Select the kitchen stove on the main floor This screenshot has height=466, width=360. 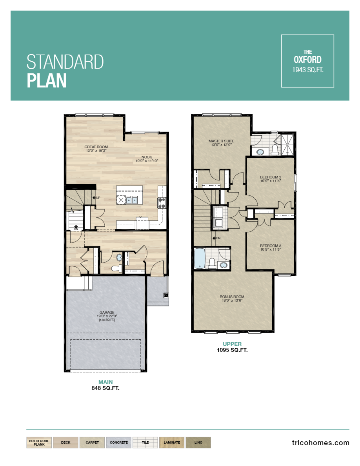click(162, 202)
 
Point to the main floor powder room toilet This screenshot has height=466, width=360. click(116, 268)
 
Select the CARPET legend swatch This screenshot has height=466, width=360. click(92, 442)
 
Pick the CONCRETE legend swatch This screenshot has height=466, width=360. click(118, 442)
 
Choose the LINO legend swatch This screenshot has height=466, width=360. click(198, 442)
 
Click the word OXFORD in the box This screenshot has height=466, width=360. click(307, 60)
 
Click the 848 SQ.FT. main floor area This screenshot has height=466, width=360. click(105, 388)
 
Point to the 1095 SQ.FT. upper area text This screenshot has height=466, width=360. click(232, 350)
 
